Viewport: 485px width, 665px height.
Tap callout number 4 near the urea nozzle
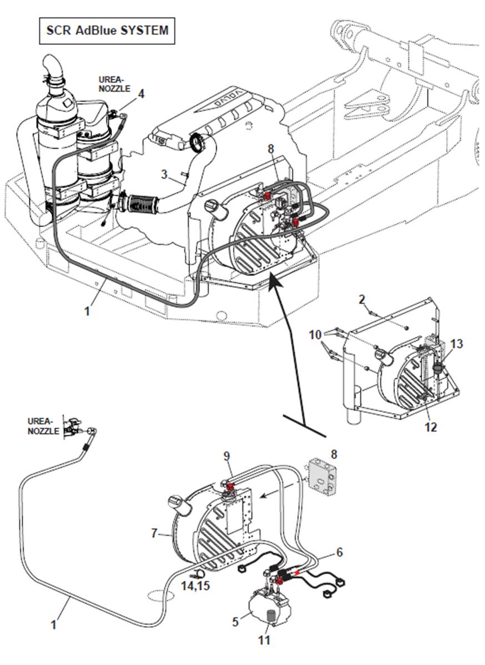(x=141, y=94)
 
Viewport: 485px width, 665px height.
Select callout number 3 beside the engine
(x=164, y=174)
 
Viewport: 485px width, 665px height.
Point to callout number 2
(x=362, y=300)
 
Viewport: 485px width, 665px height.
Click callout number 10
(x=316, y=335)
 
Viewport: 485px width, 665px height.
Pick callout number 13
(x=456, y=344)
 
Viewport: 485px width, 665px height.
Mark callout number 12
(x=431, y=427)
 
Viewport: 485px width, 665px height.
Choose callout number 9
(x=227, y=456)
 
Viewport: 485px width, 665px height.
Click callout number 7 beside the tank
(x=155, y=533)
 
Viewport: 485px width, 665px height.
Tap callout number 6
(x=339, y=552)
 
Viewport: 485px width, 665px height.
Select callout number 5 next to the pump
(x=235, y=621)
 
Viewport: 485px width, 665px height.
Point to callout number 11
(x=264, y=640)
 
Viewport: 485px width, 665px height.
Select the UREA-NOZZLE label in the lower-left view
(x=43, y=426)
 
